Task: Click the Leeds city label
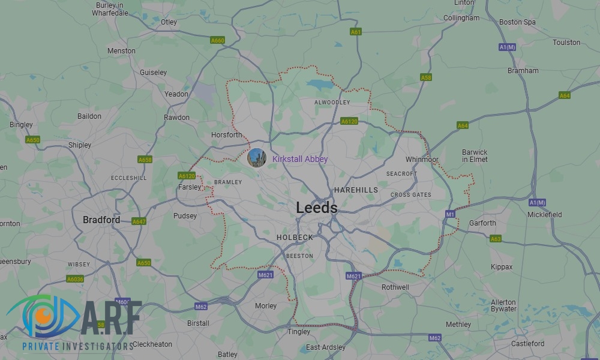click(316, 208)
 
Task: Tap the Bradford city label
click(101, 220)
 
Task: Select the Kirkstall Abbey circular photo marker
click(257, 158)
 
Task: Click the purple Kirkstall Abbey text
click(300, 159)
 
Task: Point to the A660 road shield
click(217, 40)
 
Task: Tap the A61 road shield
click(356, 32)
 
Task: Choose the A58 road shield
click(426, 77)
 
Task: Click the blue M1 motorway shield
click(450, 214)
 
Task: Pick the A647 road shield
click(139, 221)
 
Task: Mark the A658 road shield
click(145, 160)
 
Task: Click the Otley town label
click(169, 22)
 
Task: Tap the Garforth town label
click(482, 223)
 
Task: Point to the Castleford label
click(527, 344)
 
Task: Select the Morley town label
click(266, 306)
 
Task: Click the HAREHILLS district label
click(356, 190)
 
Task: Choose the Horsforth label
click(227, 135)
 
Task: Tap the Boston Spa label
click(517, 22)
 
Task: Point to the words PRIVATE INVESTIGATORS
click(78, 347)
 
